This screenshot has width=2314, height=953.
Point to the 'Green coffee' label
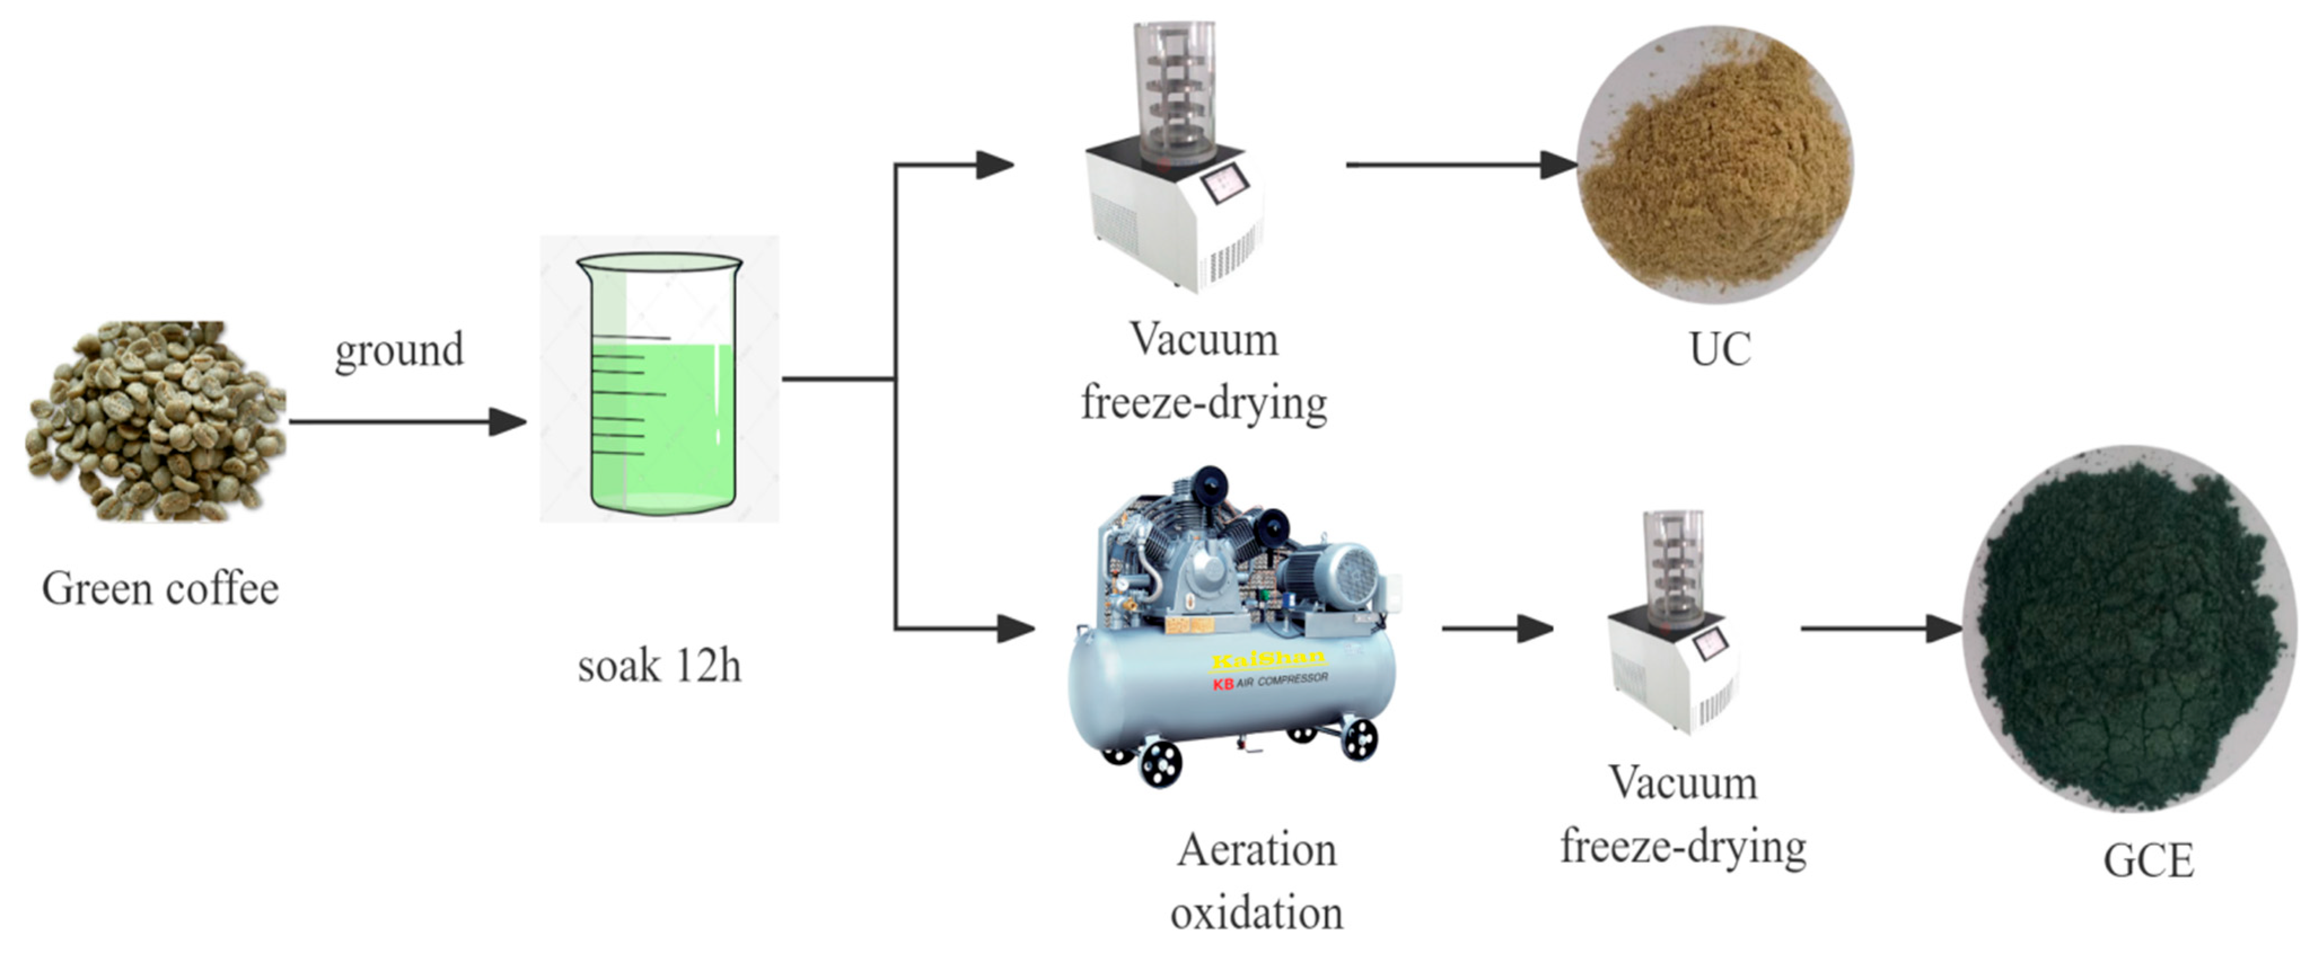point(160,589)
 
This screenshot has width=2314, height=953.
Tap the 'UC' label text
point(1720,350)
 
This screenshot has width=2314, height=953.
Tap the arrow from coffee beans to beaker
point(407,421)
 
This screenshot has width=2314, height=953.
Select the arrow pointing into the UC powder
point(1462,164)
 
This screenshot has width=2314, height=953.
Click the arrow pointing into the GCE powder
point(1882,628)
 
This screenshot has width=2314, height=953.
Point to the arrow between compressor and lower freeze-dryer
point(1498,628)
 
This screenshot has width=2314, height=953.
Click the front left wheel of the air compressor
point(1160,764)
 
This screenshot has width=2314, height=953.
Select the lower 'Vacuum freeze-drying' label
point(1683,814)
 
